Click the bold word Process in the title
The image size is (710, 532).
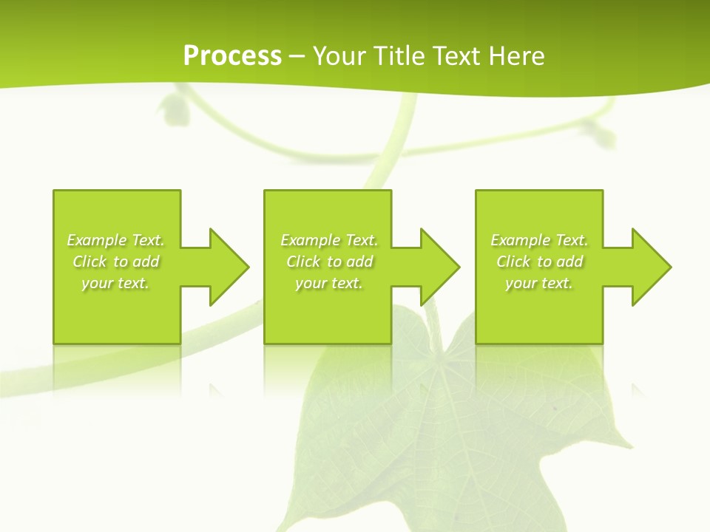(x=232, y=56)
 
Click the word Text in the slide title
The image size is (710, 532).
(x=458, y=56)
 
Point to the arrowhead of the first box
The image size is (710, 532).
(x=230, y=267)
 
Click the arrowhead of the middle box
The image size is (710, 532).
(x=441, y=267)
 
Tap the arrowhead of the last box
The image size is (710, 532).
(x=652, y=267)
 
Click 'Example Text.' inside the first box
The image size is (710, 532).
(x=115, y=240)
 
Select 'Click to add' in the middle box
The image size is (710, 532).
(x=329, y=262)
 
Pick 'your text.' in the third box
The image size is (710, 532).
(x=538, y=283)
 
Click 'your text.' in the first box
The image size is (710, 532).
(x=115, y=283)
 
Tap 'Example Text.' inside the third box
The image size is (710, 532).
(x=538, y=240)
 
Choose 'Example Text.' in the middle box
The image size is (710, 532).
(x=329, y=240)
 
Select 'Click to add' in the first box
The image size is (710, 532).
(x=115, y=262)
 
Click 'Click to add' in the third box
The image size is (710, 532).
(x=539, y=262)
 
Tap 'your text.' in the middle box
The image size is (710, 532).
(x=329, y=283)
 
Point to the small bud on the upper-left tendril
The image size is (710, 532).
(x=175, y=109)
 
